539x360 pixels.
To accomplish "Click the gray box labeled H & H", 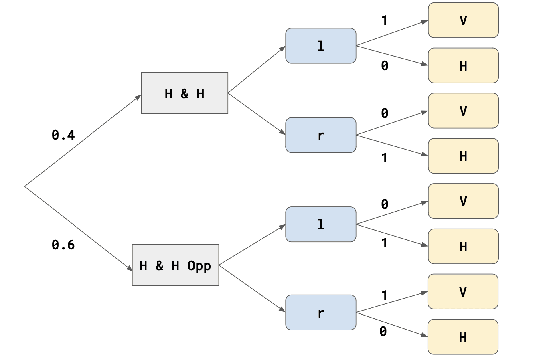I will pyautogui.click(x=184, y=93).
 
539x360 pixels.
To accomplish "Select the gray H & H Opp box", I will pyautogui.click(x=175, y=265).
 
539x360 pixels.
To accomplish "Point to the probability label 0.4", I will pyautogui.click(x=63, y=135).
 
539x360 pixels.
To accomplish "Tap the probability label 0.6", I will pyautogui.click(x=63, y=245).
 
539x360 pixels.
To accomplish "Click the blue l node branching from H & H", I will pyautogui.click(x=320, y=46).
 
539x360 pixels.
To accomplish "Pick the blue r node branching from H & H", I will pyautogui.click(x=320, y=135).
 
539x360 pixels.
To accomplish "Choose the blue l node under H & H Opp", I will pyautogui.click(x=320, y=224).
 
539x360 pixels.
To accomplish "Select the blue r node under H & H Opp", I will pyautogui.click(x=320, y=313).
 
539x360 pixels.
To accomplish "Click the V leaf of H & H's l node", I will pyautogui.click(x=463, y=20).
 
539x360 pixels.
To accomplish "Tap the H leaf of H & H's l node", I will pyautogui.click(x=463, y=66).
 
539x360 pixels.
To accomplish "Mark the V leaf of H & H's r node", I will pyautogui.click(x=463, y=111).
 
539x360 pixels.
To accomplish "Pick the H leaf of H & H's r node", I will pyautogui.click(x=463, y=156).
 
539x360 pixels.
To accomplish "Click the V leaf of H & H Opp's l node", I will pyautogui.click(x=463, y=201).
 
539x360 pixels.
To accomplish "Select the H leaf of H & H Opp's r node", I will pyautogui.click(x=463, y=337).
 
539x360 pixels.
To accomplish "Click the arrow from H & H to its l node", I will pyautogui.click(x=257, y=70).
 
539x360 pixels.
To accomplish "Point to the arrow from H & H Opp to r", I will pyautogui.click(x=252, y=288).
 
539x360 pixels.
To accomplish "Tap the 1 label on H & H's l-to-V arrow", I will pyautogui.click(x=384, y=20).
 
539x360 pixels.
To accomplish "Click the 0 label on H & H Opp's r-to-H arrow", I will pyautogui.click(x=383, y=332).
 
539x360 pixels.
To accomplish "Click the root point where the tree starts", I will pyautogui.click(x=25, y=186).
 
